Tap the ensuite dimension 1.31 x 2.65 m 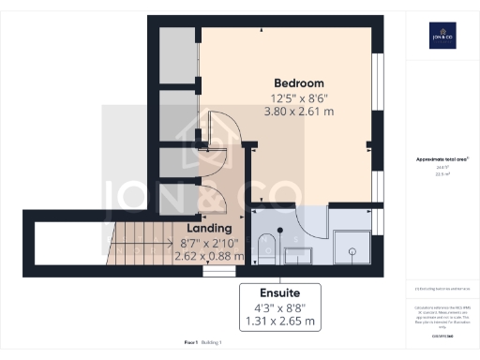(280, 322)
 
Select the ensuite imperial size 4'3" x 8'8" (280, 307)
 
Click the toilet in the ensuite (265, 247)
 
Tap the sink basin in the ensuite (299, 252)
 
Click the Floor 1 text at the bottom (191, 343)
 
